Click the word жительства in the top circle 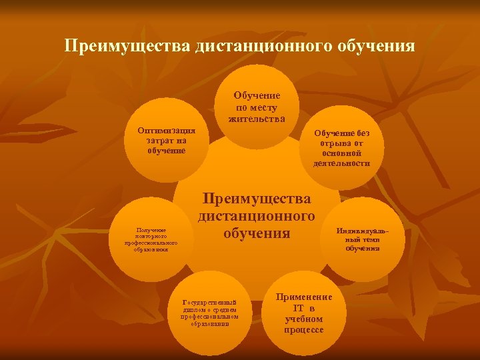[x=257, y=119]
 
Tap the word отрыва [x=331, y=143]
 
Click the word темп [x=371, y=239]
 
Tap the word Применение [x=303, y=298]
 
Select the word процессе [x=303, y=330]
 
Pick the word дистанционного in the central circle [x=257, y=216]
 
